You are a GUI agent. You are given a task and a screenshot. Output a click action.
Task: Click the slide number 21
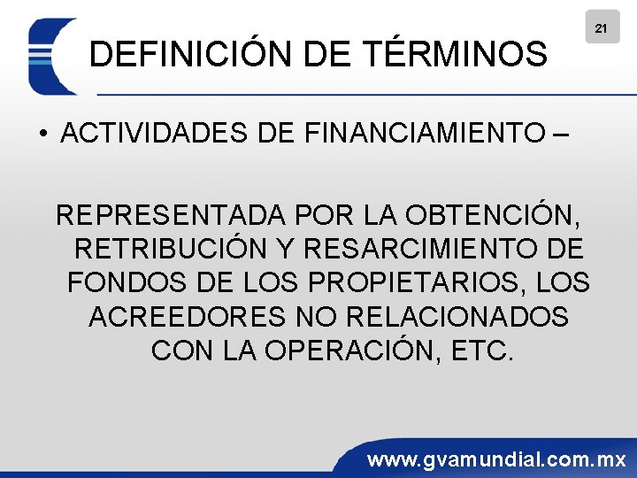601,28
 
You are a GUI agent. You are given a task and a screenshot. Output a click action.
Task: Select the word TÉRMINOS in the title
457,56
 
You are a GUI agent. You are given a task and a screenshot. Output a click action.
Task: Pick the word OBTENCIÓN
500,215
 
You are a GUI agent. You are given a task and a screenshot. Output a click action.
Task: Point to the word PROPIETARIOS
412,282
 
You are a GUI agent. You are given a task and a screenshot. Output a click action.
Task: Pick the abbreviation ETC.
481,350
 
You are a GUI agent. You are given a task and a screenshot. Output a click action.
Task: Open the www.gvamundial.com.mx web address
496,460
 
